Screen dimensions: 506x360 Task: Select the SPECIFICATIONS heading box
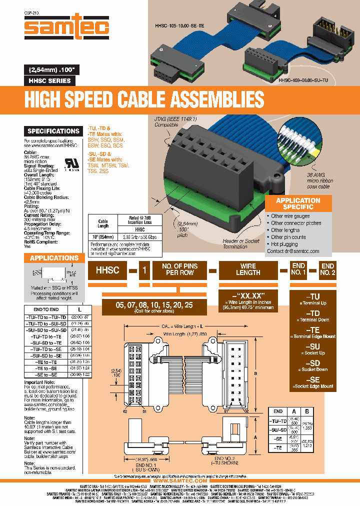tap(52, 131)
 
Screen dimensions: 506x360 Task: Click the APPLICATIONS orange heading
tap(54, 258)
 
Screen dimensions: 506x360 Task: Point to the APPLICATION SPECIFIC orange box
tap(298, 203)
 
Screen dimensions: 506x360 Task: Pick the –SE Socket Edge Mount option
tap(314, 382)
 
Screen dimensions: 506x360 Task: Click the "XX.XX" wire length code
tap(248, 295)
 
